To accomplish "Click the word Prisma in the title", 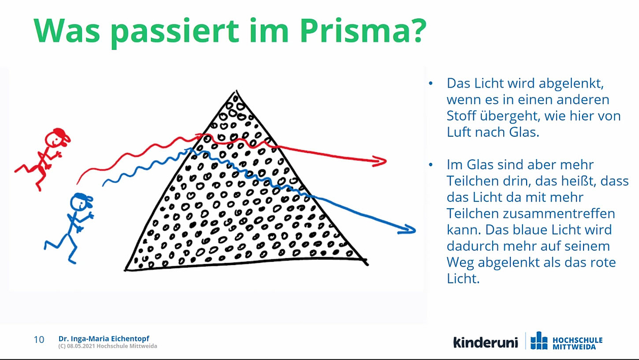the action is pyautogui.click(x=363, y=31).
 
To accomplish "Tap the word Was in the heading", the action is pyautogui.click(x=67, y=31).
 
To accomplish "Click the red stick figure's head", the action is pyautogui.click(x=57, y=138).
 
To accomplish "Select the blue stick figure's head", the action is pyautogui.click(x=81, y=202).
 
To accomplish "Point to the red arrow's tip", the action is pyautogui.click(x=386, y=161).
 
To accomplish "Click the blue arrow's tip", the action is pyautogui.click(x=415, y=231).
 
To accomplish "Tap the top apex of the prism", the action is pyautogui.click(x=236, y=91).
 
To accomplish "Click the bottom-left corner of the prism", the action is pyautogui.click(x=126, y=270).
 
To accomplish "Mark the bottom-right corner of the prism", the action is pyautogui.click(x=366, y=264).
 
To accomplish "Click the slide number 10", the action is pyautogui.click(x=39, y=340).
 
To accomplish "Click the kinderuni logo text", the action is pyautogui.click(x=486, y=342).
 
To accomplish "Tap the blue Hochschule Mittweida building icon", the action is pyautogui.click(x=539, y=340).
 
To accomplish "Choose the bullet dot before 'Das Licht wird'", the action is pyautogui.click(x=431, y=83).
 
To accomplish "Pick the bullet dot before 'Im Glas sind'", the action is pyautogui.click(x=431, y=165).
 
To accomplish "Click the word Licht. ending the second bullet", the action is pyautogui.click(x=463, y=279).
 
